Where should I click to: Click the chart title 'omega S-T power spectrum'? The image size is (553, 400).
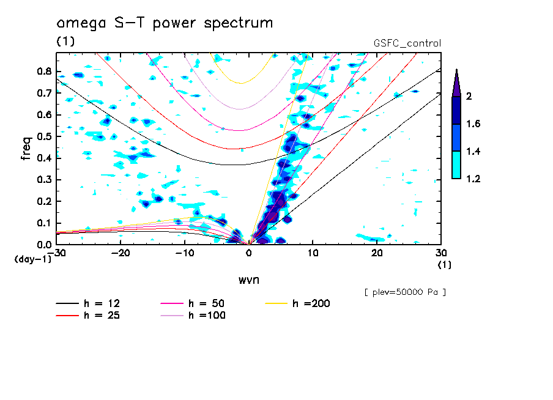coord(165,23)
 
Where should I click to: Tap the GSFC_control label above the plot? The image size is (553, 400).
coord(407,43)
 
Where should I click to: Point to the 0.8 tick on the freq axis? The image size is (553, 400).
coord(44,71)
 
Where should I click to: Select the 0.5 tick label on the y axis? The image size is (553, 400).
coord(44,136)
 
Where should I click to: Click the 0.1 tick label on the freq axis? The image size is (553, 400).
coord(44,223)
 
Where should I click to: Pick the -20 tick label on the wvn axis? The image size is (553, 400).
coord(121,253)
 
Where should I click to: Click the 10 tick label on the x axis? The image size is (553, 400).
coord(313,253)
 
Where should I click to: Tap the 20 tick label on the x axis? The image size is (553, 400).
coord(377,253)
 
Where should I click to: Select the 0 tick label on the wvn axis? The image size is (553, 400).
coord(249,253)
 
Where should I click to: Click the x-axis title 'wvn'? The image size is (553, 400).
coord(249,280)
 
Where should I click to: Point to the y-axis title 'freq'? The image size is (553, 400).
coord(26,148)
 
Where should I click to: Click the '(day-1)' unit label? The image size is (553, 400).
coord(33,259)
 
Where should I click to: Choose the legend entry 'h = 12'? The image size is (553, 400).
coord(88,303)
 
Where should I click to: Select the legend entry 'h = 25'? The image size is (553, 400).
coord(88,315)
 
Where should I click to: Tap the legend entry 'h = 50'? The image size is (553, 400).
coord(193,303)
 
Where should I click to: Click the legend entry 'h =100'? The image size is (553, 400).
coord(193,315)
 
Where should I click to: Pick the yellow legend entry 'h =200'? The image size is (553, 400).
coord(298,303)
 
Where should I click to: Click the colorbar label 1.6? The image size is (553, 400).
coord(473,124)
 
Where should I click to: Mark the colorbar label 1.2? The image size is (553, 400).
coord(473,179)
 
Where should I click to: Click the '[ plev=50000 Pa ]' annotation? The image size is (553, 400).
coord(405,292)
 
